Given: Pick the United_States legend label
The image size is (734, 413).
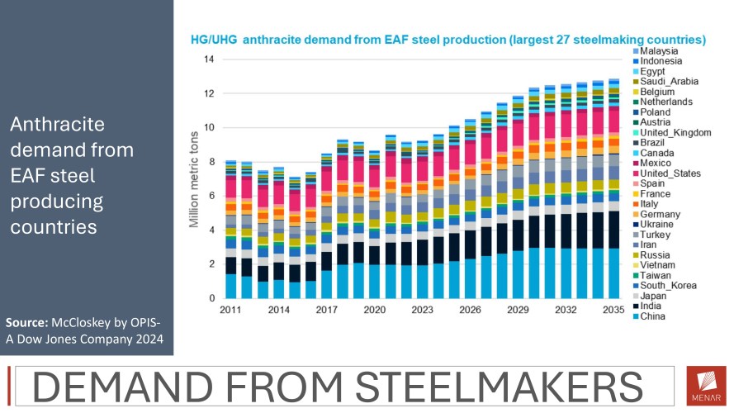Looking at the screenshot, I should pyautogui.click(x=670, y=173).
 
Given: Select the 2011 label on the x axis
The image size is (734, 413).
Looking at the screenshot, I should pyautogui.click(x=231, y=310).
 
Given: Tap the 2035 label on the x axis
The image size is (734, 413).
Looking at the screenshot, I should pyautogui.click(x=612, y=310).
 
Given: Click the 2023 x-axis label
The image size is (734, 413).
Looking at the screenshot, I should pyautogui.click(x=422, y=310).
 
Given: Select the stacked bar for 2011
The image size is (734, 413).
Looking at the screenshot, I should pyautogui.click(x=231, y=229).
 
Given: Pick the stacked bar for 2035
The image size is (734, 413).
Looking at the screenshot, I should pyautogui.click(x=612, y=189).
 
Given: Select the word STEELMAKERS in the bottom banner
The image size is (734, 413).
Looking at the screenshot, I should pyautogui.click(x=491, y=387).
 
